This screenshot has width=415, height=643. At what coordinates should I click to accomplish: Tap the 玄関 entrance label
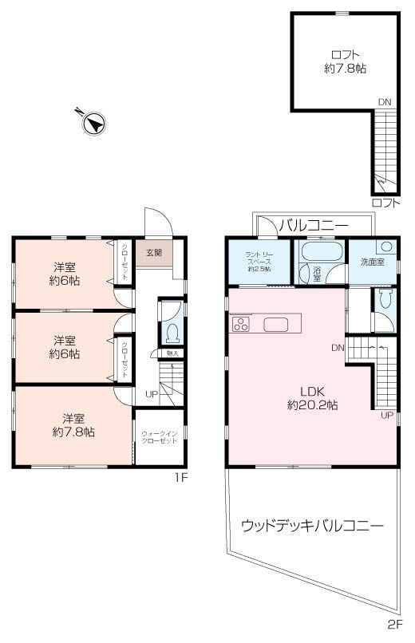point(153,253)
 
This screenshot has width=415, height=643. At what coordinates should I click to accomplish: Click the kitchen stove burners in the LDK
point(241,324)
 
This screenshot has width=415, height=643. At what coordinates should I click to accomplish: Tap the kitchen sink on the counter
point(276,324)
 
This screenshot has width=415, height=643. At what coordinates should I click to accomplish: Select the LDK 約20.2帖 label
point(312,398)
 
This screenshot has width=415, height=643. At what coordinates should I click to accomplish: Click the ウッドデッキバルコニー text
point(312,526)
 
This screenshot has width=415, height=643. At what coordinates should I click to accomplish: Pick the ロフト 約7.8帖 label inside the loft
point(345,62)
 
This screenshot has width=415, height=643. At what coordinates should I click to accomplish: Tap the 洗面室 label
point(372,261)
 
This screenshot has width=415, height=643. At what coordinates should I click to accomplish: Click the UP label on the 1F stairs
point(151,393)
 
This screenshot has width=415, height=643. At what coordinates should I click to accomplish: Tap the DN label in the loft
point(385,102)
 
